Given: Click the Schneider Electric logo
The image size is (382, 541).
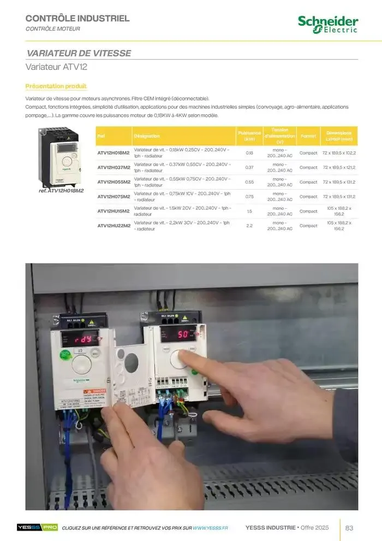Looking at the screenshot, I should pos(328,24).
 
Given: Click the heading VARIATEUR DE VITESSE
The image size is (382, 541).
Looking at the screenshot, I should pos(79,53).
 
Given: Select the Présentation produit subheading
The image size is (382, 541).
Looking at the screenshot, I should pos(56,86).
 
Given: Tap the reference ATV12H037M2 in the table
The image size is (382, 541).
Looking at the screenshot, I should pos(114,167).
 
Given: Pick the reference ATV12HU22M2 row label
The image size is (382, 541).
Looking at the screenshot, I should pos(114,225).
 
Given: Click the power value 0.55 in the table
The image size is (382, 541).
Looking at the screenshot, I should pos(249,182).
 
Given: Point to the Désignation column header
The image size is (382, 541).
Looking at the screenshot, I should pos(147,136).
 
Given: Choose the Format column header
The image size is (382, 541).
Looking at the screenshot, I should pos(308,136).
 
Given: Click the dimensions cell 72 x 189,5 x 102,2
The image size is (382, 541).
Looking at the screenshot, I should pos(339,153).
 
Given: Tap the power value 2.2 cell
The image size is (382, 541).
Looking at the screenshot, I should pos(249,225).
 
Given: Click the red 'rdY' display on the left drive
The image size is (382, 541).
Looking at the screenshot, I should pos(79,339).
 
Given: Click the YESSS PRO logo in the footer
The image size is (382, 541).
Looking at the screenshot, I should pos(37,527).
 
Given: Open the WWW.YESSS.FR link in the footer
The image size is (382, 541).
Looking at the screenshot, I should pos(210,528).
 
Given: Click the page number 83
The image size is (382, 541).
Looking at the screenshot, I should pos(350,527).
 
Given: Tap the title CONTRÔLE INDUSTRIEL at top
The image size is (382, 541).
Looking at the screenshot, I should pos(78,19).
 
